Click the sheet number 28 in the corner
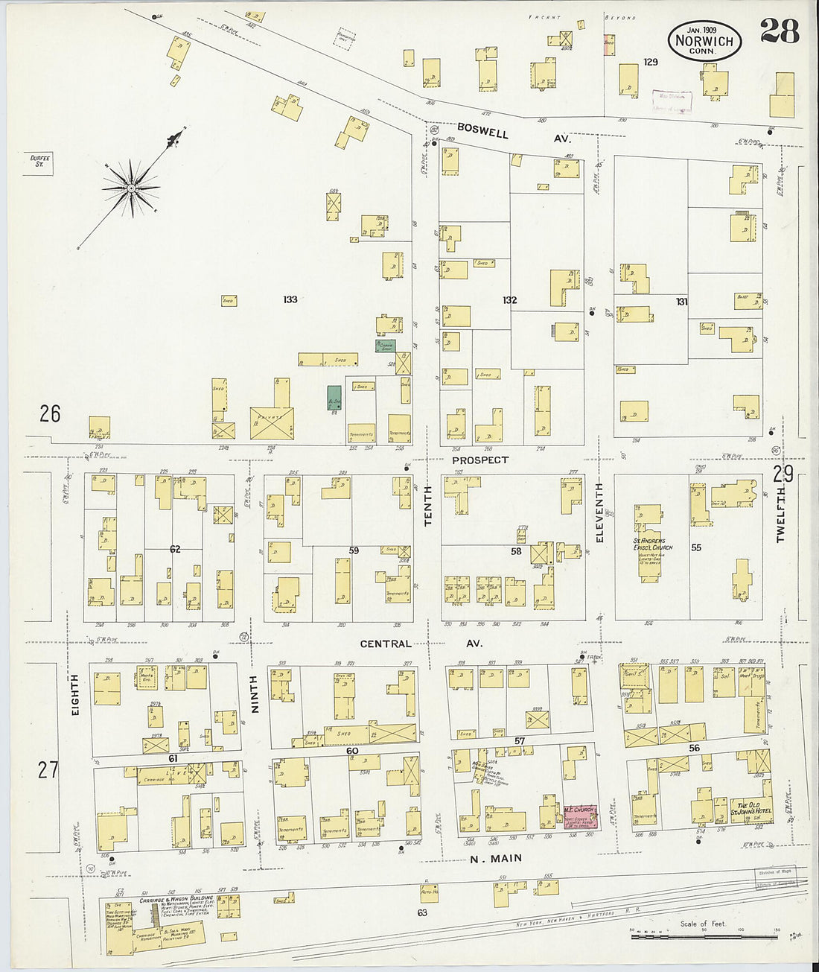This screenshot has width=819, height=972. coord(780,31)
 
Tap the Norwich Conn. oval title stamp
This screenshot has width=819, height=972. coord(704,42)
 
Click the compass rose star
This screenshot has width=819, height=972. coord(131,188)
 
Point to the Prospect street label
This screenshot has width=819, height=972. coord(480,460)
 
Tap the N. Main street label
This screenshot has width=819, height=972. coord(495,859)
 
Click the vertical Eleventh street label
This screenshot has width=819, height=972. coord(599,512)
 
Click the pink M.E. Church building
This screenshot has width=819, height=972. coord(579,817)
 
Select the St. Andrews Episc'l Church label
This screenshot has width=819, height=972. coord(649,544)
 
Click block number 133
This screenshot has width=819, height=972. coord(290,299)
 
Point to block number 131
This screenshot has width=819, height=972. coord(681,302)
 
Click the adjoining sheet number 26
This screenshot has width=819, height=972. coord(50,413)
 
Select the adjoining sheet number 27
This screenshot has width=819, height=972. coord(48,769)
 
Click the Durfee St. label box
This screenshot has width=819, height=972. coord(39,160)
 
